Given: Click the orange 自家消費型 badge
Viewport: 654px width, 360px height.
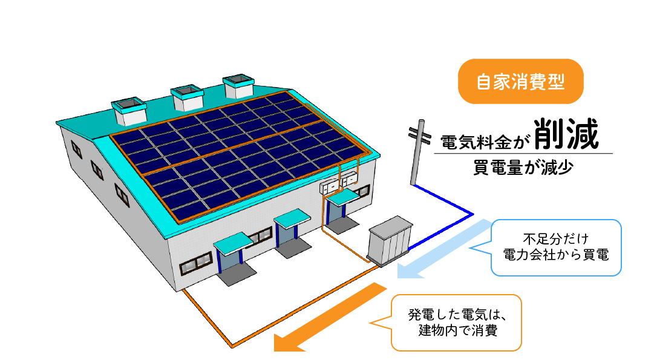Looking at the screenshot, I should pyautogui.click(x=520, y=82).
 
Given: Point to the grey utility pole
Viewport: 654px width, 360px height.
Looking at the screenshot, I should pyautogui.click(x=417, y=155).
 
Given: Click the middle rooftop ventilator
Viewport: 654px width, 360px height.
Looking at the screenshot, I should pyautogui.click(x=187, y=96).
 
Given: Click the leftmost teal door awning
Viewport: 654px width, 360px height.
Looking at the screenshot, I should pyautogui.click(x=232, y=242).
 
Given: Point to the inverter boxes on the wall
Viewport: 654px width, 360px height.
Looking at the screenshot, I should pyautogui.click(x=339, y=183).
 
